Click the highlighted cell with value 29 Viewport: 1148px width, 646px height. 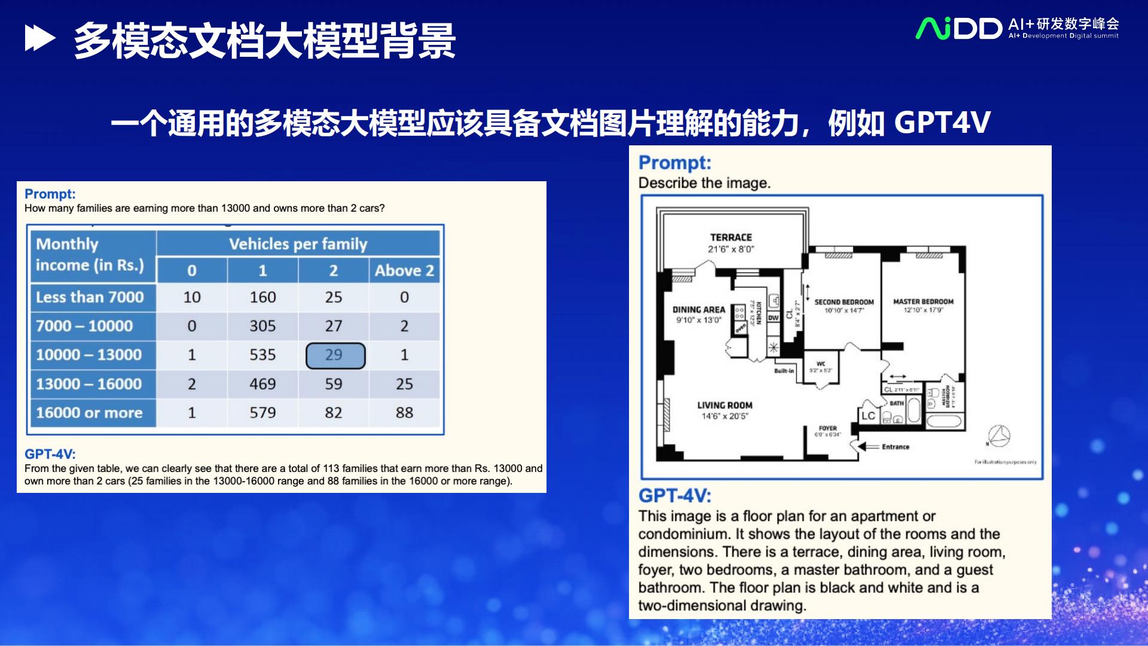335,355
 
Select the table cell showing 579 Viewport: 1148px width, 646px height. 262,413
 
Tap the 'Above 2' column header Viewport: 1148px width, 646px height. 404,270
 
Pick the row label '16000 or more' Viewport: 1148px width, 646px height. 90,413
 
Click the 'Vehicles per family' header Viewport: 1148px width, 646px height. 298,244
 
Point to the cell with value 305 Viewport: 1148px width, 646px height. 262,326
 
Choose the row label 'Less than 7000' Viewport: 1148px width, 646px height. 90,297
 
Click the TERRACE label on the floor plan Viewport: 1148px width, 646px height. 731,237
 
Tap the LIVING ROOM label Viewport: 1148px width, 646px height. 725,406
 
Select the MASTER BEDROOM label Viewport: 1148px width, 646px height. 923,302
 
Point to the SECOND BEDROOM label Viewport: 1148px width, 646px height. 844,303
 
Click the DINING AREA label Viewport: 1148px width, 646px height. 698,310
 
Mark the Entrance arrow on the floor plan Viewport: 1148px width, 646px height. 868,446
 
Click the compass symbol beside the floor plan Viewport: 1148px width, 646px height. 999,437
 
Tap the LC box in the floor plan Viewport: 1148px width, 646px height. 868,416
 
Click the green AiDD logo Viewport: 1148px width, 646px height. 958,29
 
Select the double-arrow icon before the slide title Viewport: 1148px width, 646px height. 40,39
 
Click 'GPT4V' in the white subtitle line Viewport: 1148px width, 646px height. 942,123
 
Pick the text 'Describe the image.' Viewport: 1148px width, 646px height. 704,183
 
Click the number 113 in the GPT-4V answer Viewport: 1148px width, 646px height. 332,468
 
